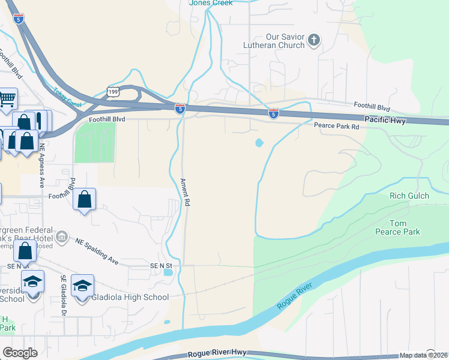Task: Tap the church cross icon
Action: tap(313, 41)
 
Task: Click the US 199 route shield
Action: tap(113, 91)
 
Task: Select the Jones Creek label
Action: tap(211, 3)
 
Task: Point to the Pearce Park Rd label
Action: tap(336, 127)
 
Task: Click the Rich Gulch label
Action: tap(409, 196)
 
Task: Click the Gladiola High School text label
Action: tap(130, 296)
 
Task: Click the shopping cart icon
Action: tap(7, 97)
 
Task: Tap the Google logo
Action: tap(20, 353)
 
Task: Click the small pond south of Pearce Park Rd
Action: tap(259, 143)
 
